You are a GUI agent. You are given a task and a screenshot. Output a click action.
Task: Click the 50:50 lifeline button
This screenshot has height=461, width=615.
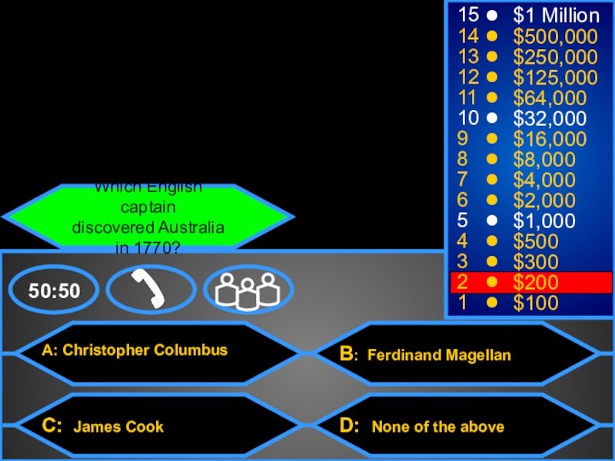tap(55, 290)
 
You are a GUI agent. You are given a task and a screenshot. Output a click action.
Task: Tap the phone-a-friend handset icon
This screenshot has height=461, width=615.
tap(151, 290)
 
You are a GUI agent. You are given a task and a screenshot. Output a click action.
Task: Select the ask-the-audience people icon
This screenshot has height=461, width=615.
tap(248, 290)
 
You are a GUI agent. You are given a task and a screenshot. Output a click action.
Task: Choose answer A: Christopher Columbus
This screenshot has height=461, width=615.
tap(135, 350)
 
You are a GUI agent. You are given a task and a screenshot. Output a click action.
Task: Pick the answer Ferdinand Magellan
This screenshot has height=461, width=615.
tap(439, 355)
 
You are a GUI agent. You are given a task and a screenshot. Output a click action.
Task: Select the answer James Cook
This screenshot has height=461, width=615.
tap(118, 426)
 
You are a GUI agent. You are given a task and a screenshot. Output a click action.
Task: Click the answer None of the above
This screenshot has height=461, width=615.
tap(438, 426)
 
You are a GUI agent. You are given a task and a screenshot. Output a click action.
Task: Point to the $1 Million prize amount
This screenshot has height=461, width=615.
tap(557, 15)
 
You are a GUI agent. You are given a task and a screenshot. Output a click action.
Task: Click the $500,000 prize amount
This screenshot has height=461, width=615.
tap(556, 36)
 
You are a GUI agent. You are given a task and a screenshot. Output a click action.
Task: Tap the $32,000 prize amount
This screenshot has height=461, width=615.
tap(550, 118)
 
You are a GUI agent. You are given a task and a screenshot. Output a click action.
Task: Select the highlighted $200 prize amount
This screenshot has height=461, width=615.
tap(537, 282)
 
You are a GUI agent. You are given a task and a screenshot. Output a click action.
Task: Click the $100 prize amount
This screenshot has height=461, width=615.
tap(537, 303)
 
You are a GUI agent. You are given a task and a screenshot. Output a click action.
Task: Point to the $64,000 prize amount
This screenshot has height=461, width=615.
tap(550, 98)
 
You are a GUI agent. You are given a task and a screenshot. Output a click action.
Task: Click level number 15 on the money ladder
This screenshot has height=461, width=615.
tap(467, 15)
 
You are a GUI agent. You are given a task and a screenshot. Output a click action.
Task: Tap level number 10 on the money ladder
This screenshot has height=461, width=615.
tap(467, 118)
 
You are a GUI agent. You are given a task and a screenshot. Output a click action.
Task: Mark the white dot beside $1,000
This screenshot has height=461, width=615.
tap(491, 221)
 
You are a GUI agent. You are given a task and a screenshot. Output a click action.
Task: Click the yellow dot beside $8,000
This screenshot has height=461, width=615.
tap(491, 160)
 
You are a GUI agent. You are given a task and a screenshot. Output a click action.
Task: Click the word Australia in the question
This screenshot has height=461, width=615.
tap(190, 229)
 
